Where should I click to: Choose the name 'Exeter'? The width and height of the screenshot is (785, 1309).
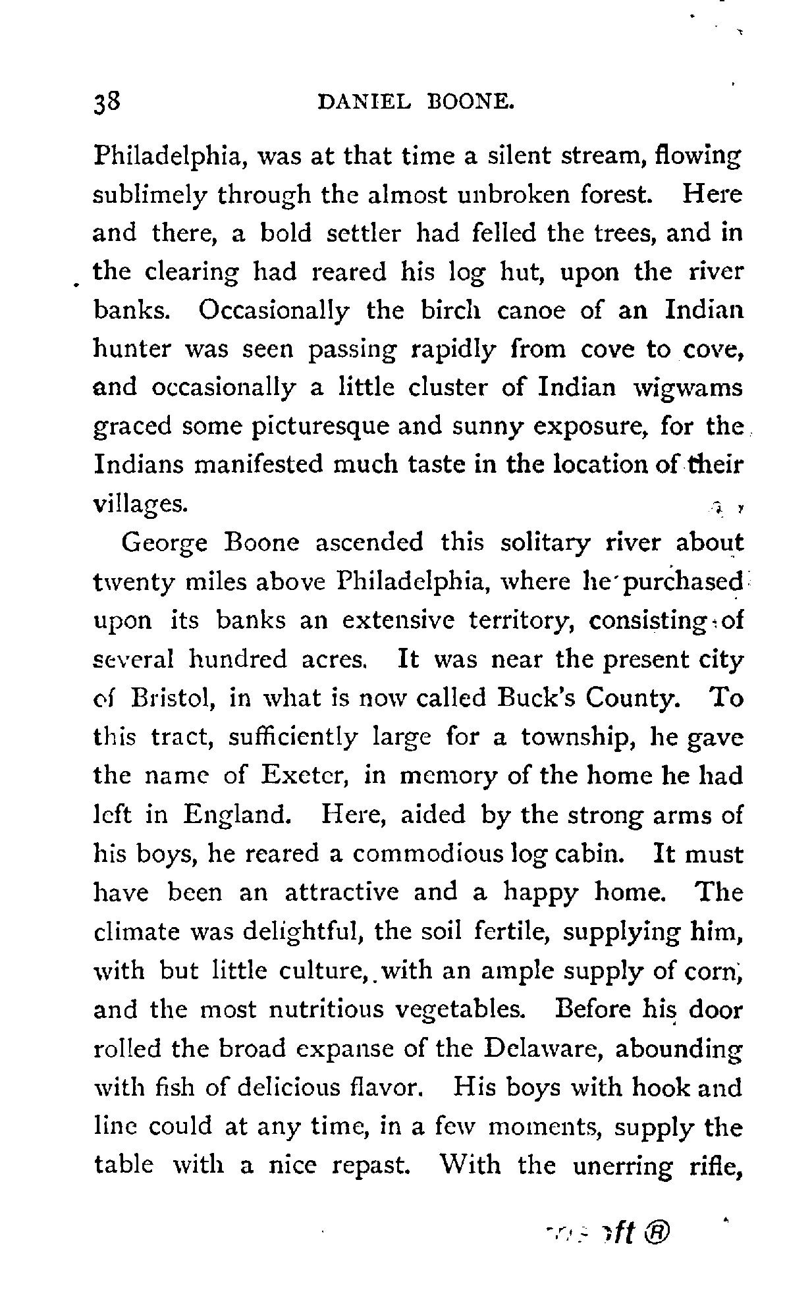304,775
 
